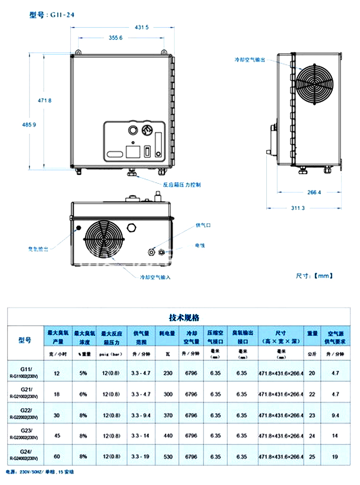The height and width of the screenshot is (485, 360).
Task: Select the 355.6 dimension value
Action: click(115, 38)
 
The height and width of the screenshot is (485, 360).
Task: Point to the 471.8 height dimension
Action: click(44, 100)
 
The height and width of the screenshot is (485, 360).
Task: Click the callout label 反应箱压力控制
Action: click(182, 184)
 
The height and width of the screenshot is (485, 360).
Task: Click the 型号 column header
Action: click(25, 340)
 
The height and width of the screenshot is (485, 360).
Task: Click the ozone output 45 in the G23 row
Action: click(57, 436)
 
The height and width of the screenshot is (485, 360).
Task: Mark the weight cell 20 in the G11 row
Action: click(312, 373)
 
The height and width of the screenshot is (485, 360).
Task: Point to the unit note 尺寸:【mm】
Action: click(314, 276)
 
